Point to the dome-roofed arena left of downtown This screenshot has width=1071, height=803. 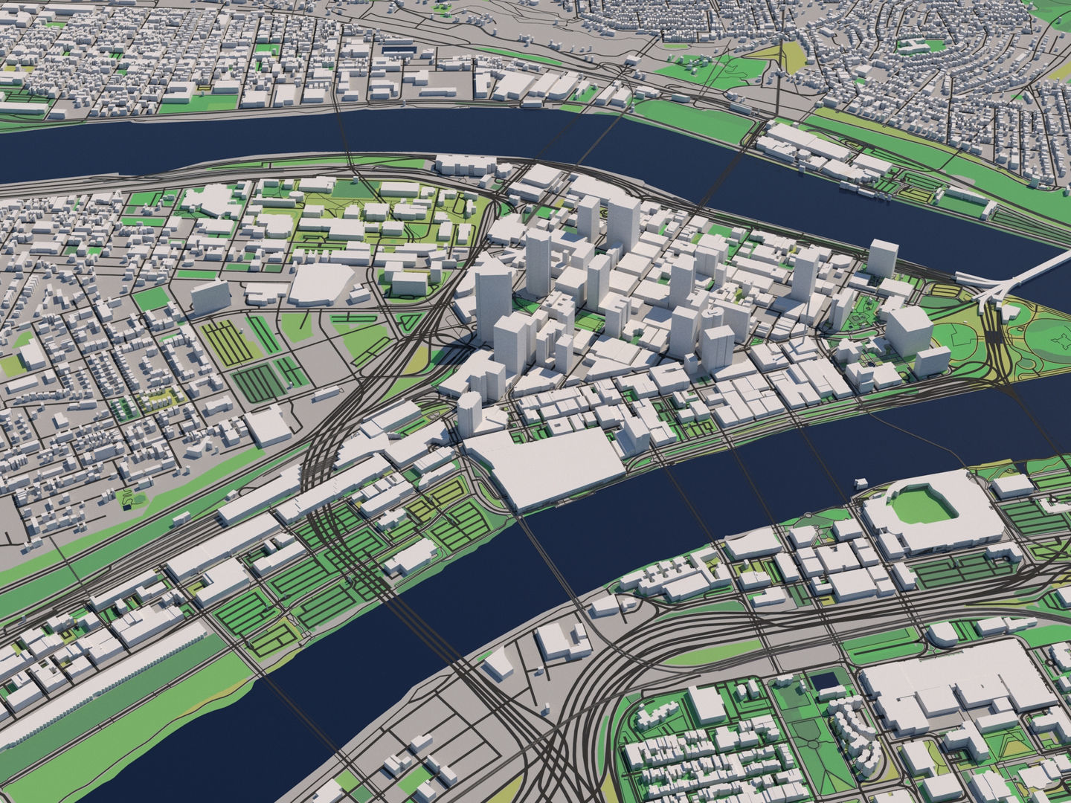click(x=321, y=283)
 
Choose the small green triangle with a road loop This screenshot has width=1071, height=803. click(x=408, y=323)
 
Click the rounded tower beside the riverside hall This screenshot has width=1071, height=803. click(x=469, y=410)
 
